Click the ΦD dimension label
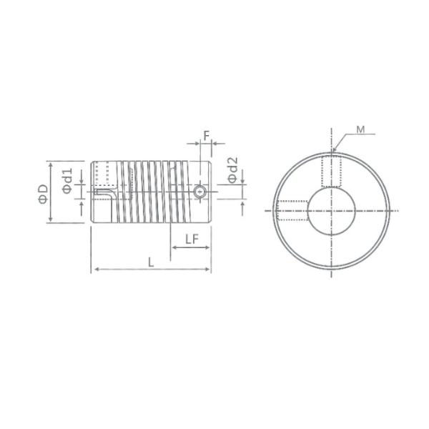click(43, 192)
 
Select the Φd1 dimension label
click(66, 182)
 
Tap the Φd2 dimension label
click(232, 169)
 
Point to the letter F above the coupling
click(206, 134)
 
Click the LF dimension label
click(191, 240)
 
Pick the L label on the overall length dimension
click(151, 262)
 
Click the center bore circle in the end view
click(332, 210)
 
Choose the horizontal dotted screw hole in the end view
click(292, 210)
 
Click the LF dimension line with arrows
click(191, 248)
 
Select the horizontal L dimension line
click(151, 270)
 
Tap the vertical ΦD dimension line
click(51, 192)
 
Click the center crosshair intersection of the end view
click(332, 210)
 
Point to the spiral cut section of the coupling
click(154, 192)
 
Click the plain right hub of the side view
click(197, 175)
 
